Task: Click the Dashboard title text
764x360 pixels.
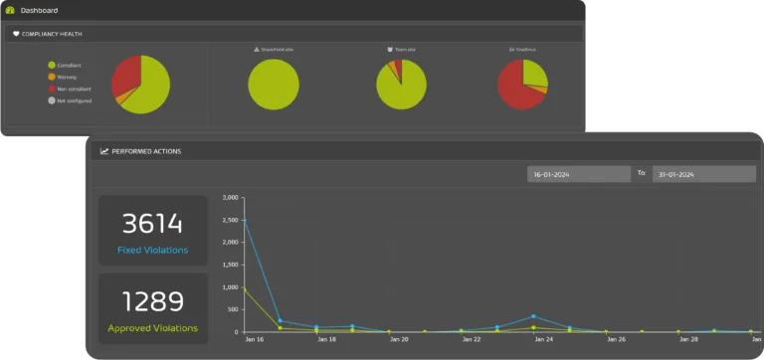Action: (x=39, y=10)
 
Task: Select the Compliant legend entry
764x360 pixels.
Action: (x=68, y=65)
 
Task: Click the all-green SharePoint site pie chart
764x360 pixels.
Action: (x=273, y=84)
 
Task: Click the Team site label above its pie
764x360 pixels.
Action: (x=402, y=48)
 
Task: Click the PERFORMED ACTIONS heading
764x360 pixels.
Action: (x=145, y=151)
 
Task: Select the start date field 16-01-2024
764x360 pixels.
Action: (x=578, y=174)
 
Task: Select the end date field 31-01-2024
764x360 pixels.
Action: (x=704, y=174)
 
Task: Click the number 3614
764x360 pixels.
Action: (x=152, y=224)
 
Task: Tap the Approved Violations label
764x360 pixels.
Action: (x=152, y=327)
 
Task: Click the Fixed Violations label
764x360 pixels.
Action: (x=152, y=250)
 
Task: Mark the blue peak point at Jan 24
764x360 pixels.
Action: (x=533, y=316)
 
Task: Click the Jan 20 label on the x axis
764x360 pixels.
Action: (x=397, y=340)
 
